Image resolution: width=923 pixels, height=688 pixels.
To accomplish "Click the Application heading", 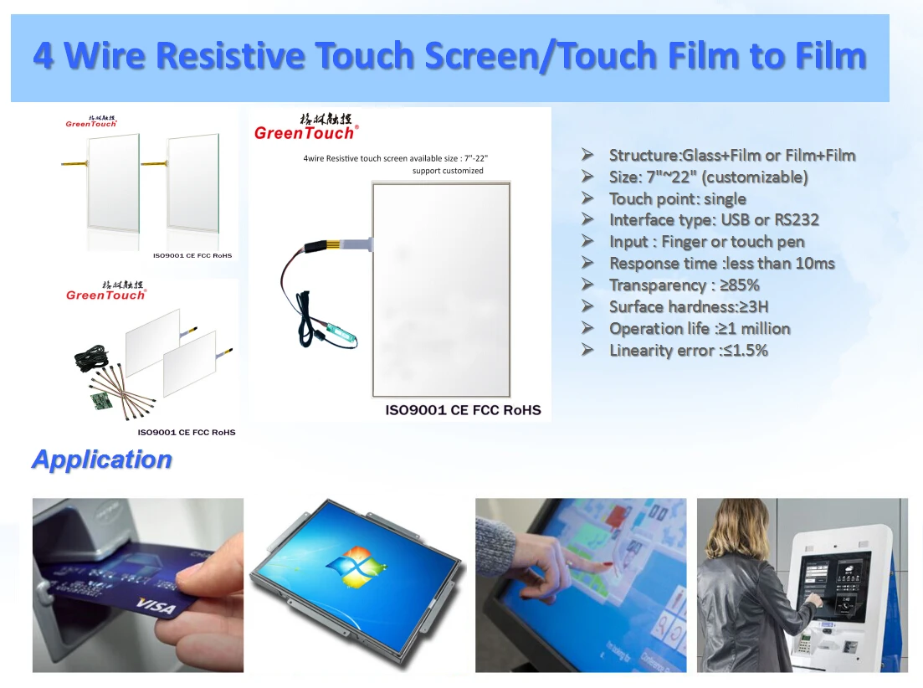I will coord(101,459).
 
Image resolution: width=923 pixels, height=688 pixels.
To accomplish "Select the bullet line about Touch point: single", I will coord(677,198).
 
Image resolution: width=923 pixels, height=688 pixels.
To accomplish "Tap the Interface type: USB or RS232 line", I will coord(713,220).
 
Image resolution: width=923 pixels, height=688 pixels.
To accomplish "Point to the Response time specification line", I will coord(721,264).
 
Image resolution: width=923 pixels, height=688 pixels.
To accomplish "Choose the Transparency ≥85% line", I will coord(684,285).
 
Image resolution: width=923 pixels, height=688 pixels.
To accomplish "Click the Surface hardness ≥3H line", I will coord(688,307).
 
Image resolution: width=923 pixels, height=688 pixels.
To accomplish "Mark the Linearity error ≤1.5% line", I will coord(688,351).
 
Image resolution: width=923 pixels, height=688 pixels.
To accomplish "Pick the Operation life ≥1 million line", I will coord(699,329).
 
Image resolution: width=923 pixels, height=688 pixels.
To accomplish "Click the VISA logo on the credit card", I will coord(157,606).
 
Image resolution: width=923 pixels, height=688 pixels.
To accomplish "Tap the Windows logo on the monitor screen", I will coord(356,569).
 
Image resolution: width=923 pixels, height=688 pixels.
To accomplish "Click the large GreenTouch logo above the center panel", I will coord(305,132).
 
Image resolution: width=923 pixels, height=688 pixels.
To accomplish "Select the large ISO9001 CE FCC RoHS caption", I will coord(463,410).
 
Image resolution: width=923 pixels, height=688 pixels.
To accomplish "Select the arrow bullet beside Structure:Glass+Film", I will coord(587,155).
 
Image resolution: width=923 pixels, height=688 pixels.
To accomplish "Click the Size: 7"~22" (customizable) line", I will coord(708,177).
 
